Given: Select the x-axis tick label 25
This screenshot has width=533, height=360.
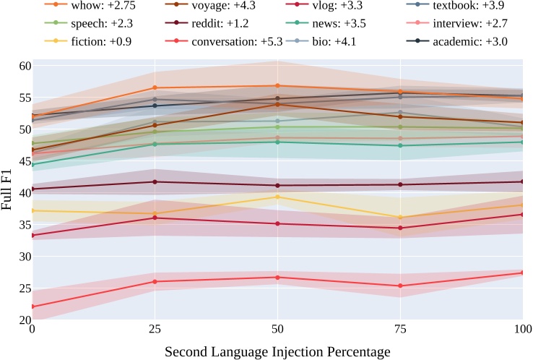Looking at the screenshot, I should tap(154, 329).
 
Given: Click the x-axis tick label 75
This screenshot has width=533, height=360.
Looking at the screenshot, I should tap(400, 329).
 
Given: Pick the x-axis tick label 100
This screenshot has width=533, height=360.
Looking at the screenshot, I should tap(521, 329).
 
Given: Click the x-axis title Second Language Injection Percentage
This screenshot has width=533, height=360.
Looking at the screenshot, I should tap(277, 351).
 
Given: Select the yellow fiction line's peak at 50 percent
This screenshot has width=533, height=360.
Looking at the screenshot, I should tap(277, 197).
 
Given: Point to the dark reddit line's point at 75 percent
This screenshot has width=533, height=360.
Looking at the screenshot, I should tap(400, 184).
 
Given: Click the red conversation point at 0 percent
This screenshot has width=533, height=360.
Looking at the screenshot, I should tap(32, 307).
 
